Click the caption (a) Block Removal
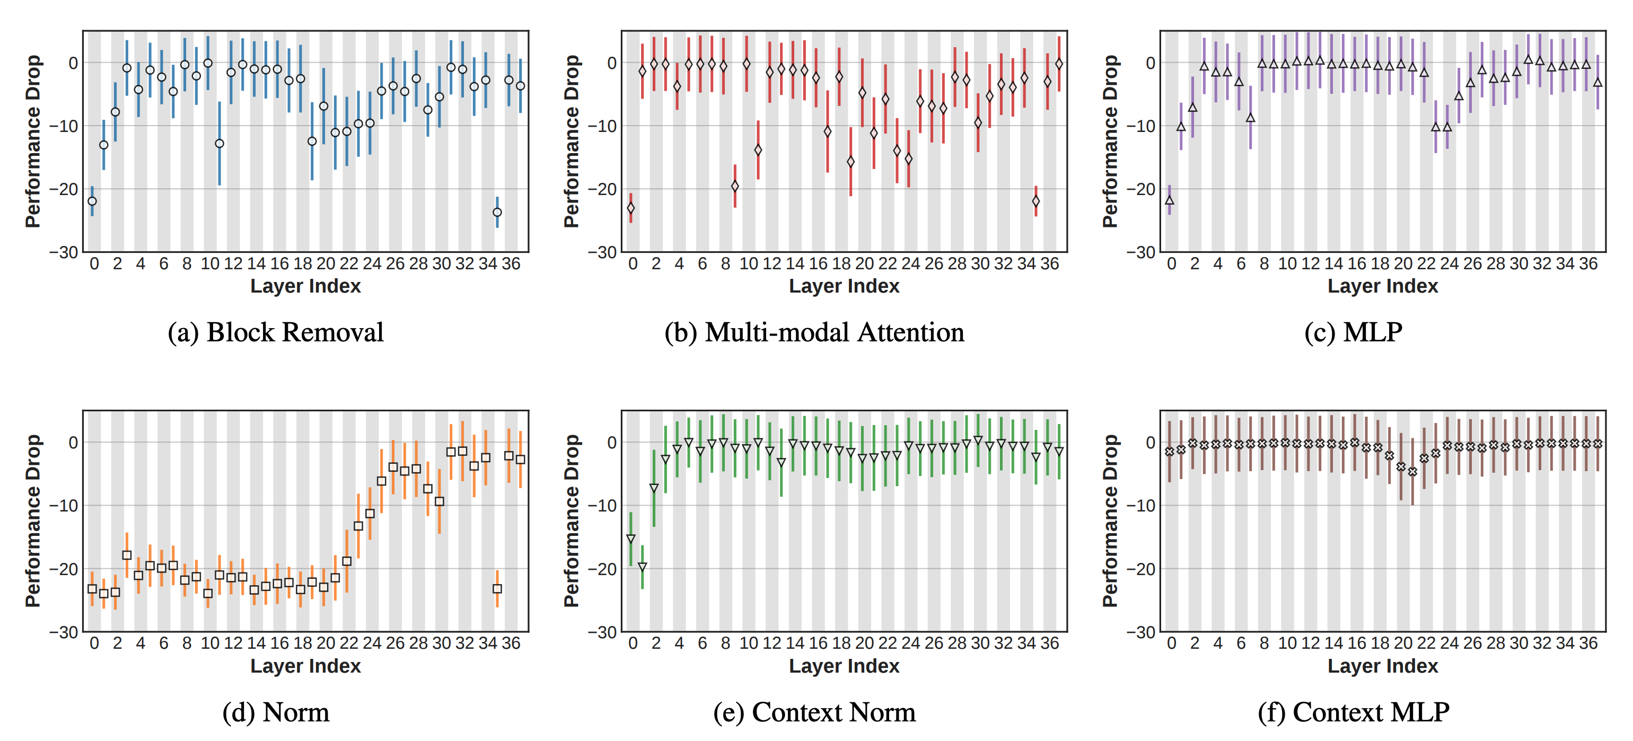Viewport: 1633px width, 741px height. click(x=276, y=332)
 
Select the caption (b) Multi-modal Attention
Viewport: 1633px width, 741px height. click(x=814, y=332)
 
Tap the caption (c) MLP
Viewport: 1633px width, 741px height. click(x=1353, y=332)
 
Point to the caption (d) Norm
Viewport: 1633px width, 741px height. click(x=276, y=712)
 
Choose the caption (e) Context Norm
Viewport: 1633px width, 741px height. click(x=814, y=712)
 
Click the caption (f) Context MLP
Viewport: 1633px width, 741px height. click(x=1353, y=712)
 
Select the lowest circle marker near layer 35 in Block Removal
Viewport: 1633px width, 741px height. click(x=497, y=213)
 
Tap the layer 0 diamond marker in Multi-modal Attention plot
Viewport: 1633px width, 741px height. click(x=631, y=208)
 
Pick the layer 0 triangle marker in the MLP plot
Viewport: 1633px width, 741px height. click(x=1170, y=200)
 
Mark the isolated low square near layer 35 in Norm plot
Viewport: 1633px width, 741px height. click(x=497, y=589)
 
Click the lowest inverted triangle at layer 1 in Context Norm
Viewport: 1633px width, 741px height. click(x=642, y=567)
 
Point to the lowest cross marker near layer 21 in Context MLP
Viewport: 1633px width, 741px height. click(x=1412, y=472)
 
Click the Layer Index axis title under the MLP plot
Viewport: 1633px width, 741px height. click(x=1383, y=286)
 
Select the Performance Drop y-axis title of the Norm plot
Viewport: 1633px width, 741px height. click(x=33, y=521)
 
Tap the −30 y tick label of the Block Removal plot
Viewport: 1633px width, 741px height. click(x=64, y=252)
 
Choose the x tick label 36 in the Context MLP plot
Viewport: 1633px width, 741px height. click(x=1588, y=643)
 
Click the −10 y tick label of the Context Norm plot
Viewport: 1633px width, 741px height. click(x=602, y=506)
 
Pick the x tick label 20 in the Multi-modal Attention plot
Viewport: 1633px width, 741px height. click(x=864, y=263)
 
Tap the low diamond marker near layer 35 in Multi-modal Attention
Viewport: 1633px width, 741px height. click(x=1036, y=201)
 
